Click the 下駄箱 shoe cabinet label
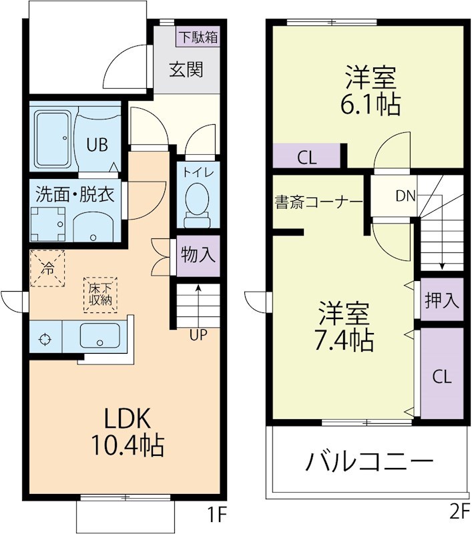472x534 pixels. [x=198, y=37]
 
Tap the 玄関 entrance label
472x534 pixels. [x=185, y=70]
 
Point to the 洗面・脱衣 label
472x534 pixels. [x=75, y=195]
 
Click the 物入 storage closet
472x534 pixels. [x=198, y=256]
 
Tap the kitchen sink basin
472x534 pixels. [x=100, y=336]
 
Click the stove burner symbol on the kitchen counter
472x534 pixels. [x=45, y=338]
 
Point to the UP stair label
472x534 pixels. [x=198, y=335]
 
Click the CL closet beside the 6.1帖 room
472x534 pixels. [x=307, y=158]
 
